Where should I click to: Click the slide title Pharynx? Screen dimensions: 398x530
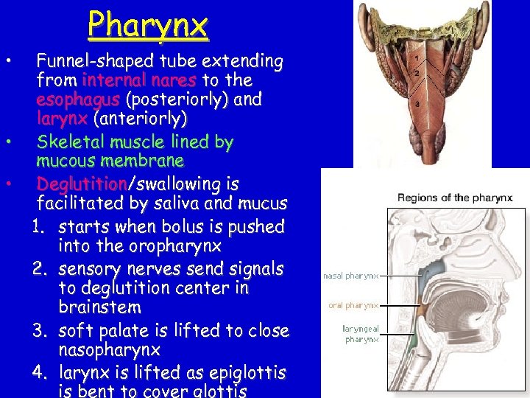click(148, 26)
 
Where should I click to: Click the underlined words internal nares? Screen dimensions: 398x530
click(139, 80)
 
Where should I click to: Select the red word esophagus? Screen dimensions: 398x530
click(79, 99)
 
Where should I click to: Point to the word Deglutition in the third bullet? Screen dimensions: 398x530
click(82, 184)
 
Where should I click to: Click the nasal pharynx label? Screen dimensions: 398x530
click(350, 276)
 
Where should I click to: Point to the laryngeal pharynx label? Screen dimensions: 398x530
click(361, 334)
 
